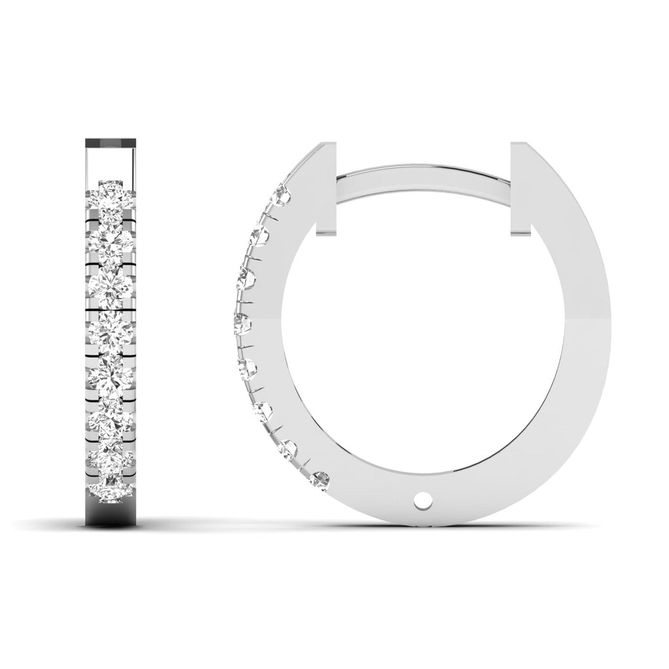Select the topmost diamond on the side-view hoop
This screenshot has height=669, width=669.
click(284, 193)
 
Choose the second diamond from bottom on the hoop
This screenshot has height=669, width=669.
click(289, 448)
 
